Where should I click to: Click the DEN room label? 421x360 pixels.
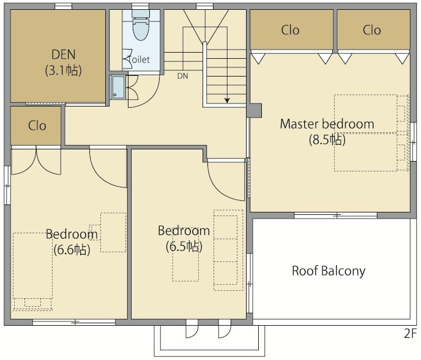[x=64, y=54]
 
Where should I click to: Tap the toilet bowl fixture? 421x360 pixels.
[x=141, y=26]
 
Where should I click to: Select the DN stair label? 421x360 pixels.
[x=182, y=76]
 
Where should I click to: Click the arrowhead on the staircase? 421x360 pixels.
[x=227, y=100]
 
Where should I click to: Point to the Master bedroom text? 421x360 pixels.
[x=327, y=124]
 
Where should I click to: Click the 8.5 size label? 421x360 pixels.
[x=327, y=140]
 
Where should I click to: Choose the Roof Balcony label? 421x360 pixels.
[x=329, y=271]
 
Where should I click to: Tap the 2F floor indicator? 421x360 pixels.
[x=411, y=334]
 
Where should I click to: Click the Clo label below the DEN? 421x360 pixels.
[x=37, y=126]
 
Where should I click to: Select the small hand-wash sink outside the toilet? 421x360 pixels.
[x=118, y=87]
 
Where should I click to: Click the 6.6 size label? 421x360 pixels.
[x=72, y=250]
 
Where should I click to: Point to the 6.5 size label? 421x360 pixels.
[x=184, y=246]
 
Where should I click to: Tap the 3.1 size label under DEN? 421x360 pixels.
[x=64, y=70]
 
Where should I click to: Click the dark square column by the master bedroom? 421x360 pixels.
[x=254, y=110]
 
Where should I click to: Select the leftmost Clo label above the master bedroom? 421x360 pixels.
[x=290, y=30]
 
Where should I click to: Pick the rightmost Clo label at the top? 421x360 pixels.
[x=372, y=30]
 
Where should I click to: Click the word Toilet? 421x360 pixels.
[x=139, y=59]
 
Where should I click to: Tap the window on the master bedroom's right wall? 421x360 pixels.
[x=414, y=141]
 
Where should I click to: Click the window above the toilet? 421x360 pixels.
[x=140, y=6]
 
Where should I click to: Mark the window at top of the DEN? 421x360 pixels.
[x=64, y=6]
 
